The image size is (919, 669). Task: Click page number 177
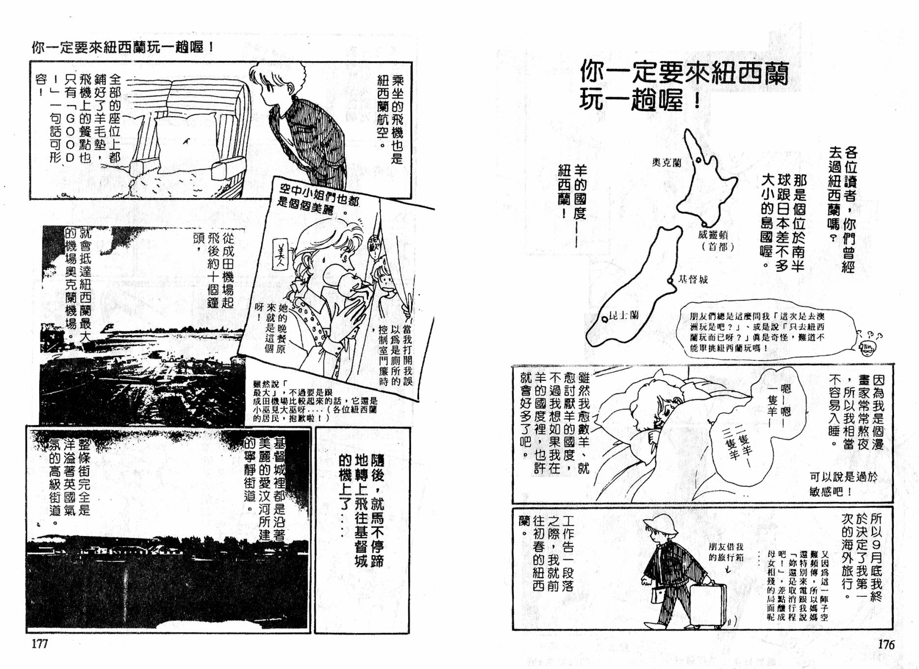coord(40,643)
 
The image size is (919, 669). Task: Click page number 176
coord(886,644)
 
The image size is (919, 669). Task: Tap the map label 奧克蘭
coord(666,162)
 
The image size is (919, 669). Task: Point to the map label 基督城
coord(693,279)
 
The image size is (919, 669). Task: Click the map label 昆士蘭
coord(623,315)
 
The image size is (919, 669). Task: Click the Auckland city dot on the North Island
coord(698,160)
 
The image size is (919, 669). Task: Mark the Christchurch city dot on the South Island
coord(670,280)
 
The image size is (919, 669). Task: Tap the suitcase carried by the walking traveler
coord(708,605)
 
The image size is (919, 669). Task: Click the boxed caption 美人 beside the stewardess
coord(280,254)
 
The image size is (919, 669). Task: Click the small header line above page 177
coord(123,47)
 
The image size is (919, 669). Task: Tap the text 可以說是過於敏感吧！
coord(843,483)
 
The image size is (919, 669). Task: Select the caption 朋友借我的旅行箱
coord(725,552)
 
